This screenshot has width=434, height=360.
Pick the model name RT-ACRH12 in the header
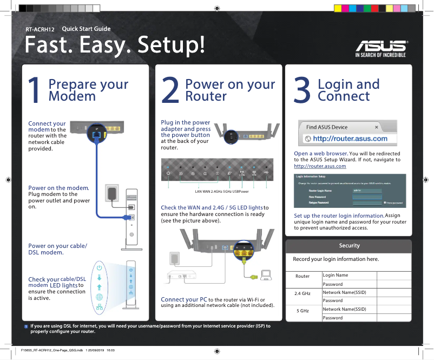[41, 29]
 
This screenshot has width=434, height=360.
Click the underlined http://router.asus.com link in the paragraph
[320, 166]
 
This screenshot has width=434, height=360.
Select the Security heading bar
[349, 246]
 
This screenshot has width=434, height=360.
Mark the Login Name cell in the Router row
[336, 276]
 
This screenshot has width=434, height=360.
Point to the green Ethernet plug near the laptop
[253, 277]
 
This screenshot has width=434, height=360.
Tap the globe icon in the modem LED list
[99, 297]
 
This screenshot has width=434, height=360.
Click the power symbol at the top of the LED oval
[99, 267]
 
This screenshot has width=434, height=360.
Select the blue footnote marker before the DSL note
[26, 326]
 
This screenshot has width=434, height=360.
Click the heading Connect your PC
[184, 299]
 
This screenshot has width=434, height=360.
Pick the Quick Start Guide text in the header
[87, 29]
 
